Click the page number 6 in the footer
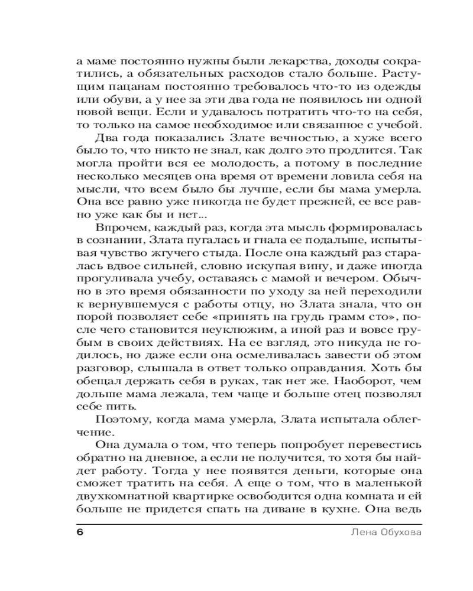(x=80, y=531)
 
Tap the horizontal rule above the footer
(x=248, y=523)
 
